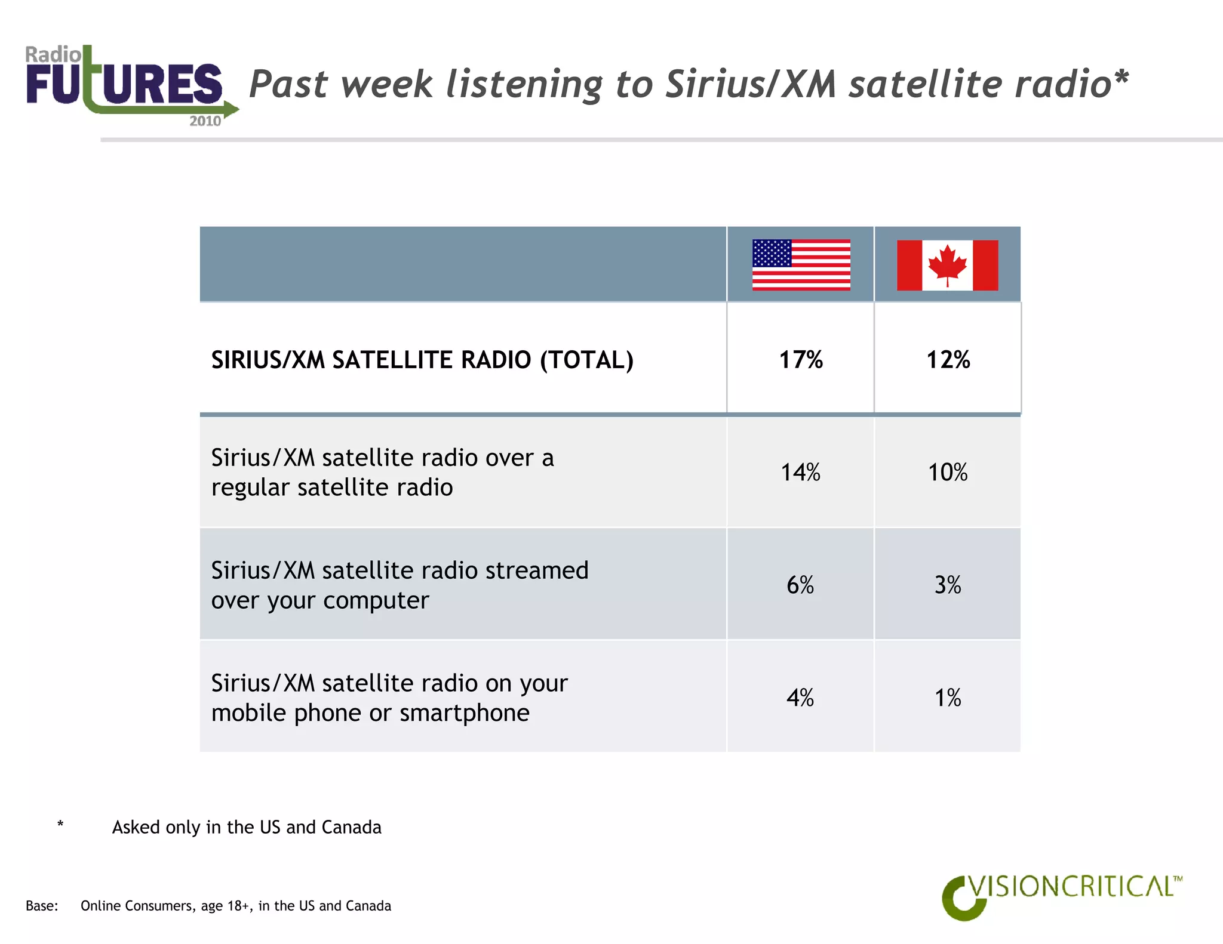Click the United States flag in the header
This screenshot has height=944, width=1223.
(801, 265)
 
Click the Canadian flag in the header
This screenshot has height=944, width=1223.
(947, 265)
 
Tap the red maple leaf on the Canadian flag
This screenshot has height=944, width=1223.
(947, 264)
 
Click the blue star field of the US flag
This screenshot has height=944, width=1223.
(772, 253)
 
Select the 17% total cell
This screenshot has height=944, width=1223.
(801, 360)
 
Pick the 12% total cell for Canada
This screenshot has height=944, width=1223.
(948, 360)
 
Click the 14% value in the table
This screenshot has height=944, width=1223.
(801, 473)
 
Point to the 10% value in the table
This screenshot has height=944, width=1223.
(948, 473)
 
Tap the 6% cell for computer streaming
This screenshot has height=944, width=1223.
(800, 585)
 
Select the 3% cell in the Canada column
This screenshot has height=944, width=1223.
(948, 585)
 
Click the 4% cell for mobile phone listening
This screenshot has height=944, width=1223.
(800, 698)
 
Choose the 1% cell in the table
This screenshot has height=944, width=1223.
(948, 698)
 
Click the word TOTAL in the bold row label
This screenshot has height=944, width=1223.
(586, 360)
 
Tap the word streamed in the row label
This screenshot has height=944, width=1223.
(537, 570)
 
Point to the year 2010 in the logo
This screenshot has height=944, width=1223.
(205, 121)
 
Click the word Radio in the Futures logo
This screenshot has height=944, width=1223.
(53, 55)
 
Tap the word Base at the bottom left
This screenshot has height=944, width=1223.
(41, 906)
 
